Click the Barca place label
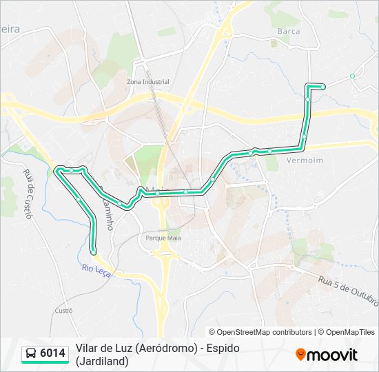288,31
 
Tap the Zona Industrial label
147,81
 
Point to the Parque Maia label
163,238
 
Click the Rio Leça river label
96,270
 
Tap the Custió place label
63,311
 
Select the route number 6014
53,353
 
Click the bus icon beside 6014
32,353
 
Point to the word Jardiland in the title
104,360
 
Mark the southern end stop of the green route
94,252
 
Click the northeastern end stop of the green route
322,86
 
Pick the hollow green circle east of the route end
352,76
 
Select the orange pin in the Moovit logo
300,355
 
